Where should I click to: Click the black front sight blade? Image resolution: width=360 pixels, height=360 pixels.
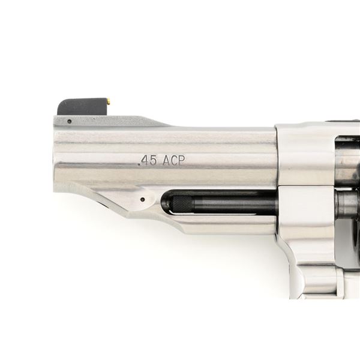(83, 107)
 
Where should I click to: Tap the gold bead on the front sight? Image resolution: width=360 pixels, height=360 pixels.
(109, 100)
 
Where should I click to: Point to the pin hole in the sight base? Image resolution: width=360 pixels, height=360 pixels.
(70, 121)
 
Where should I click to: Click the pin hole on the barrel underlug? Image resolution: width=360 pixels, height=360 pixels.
(143, 199)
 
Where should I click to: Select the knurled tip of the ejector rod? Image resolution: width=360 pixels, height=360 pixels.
(183, 204)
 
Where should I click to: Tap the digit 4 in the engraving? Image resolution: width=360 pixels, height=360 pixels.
(146, 160)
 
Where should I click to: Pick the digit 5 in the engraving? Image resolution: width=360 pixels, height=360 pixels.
(154, 160)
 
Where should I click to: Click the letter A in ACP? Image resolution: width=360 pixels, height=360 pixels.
(166, 160)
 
